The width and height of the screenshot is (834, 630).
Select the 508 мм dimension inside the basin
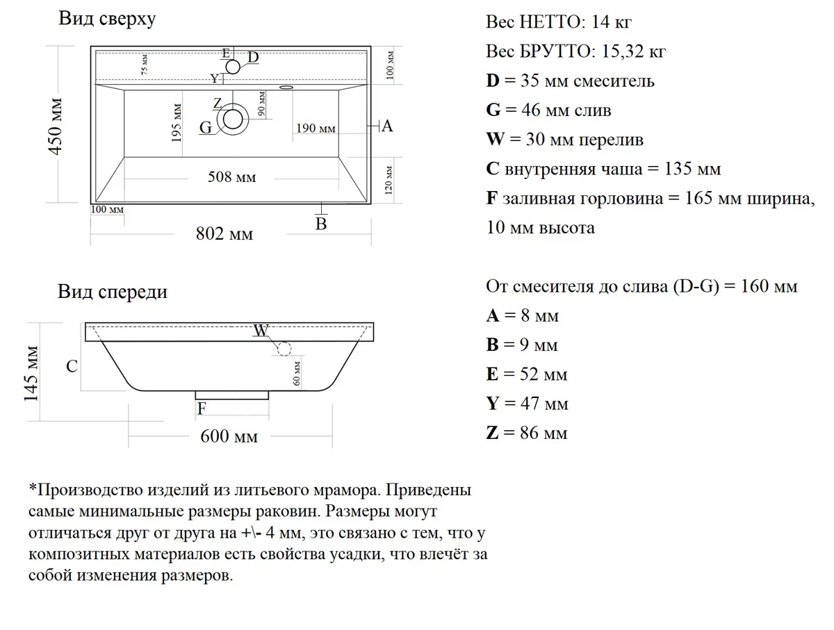coord(232,177)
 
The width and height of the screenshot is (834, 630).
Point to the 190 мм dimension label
coord(316,129)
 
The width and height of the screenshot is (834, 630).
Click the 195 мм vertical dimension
coord(178,124)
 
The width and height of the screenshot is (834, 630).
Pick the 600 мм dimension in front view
coord(229,436)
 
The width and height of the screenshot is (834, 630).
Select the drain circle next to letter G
coord(232,120)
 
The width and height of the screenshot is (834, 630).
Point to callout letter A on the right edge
coord(387,126)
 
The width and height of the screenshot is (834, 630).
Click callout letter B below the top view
coord(321,224)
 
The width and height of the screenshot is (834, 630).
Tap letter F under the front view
coord(202,408)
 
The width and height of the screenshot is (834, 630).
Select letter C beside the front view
coord(72,366)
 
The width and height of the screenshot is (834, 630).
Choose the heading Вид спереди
coord(113,292)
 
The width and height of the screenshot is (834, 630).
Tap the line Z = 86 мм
coord(527,433)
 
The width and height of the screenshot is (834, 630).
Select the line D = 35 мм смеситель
coord(570,81)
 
